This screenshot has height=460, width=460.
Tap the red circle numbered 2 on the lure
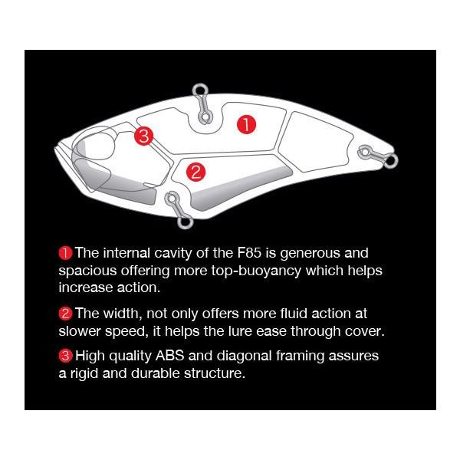coord(195,171)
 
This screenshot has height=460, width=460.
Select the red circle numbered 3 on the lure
coord(144,137)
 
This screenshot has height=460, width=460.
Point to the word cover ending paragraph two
coord(362,331)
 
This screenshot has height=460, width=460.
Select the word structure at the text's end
coord(215,374)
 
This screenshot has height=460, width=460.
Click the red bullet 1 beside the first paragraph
coord(65,252)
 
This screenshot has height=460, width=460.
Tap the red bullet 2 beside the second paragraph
coord(65,314)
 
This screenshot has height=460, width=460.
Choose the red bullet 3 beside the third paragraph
coord(65,356)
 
